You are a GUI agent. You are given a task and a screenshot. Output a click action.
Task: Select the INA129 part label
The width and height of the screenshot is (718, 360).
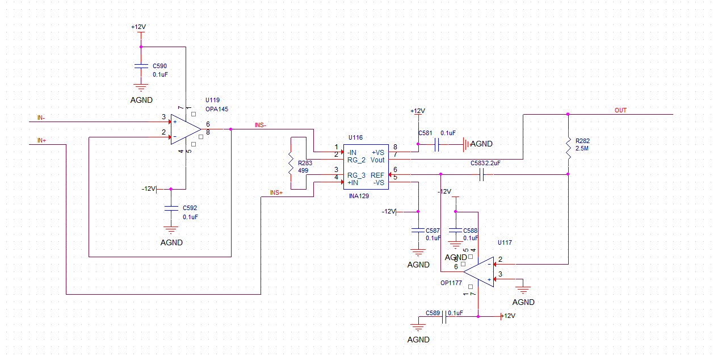click(x=359, y=195)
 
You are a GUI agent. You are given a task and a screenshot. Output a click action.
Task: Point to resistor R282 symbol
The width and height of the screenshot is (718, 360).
click(x=568, y=146)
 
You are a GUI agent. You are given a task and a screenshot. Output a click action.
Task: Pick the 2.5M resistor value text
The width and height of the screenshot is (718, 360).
click(x=581, y=148)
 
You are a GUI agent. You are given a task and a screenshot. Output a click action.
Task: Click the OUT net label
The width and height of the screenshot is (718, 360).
click(x=620, y=110)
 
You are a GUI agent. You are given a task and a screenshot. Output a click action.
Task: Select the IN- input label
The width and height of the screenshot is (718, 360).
click(x=41, y=118)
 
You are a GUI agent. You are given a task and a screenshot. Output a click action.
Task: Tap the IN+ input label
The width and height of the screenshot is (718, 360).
click(x=41, y=140)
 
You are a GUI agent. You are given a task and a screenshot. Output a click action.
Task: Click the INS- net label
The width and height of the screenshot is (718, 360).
click(x=261, y=124)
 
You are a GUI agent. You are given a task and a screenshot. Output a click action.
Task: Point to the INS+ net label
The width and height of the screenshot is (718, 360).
click(x=276, y=193)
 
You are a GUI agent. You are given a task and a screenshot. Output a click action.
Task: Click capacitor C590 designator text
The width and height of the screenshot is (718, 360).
click(x=159, y=66)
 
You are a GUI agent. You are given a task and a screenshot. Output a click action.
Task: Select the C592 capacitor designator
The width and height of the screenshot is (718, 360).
click(x=190, y=208)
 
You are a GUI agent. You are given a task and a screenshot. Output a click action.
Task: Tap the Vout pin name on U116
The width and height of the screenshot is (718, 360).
click(x=377, y=160)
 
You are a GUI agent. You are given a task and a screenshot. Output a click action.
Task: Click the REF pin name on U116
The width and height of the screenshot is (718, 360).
click(x=377, y=175)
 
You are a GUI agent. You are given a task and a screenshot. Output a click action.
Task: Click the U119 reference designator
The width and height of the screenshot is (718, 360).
click(x=212, y=100)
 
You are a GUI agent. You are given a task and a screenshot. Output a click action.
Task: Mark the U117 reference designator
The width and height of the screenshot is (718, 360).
click(x=505, y=242)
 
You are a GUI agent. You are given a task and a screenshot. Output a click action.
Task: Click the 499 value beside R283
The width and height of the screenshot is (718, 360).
click(x=303, y=170)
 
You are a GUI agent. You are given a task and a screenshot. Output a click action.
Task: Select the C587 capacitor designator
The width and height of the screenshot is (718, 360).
click(x=433, y=231)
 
